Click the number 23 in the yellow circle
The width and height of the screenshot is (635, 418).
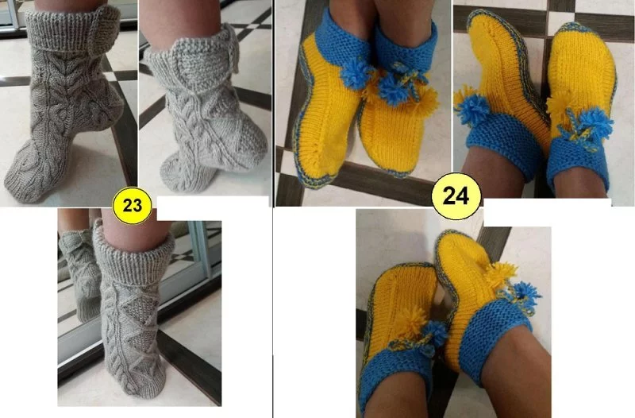(132, 206)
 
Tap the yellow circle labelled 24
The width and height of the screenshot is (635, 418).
(456, 196)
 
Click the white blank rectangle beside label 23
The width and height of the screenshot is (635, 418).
(213, 208)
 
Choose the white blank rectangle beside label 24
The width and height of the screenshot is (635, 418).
(547, 212)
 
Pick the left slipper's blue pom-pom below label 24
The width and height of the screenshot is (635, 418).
(435, 333)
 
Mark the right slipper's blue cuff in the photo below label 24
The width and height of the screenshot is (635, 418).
(494, 341)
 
